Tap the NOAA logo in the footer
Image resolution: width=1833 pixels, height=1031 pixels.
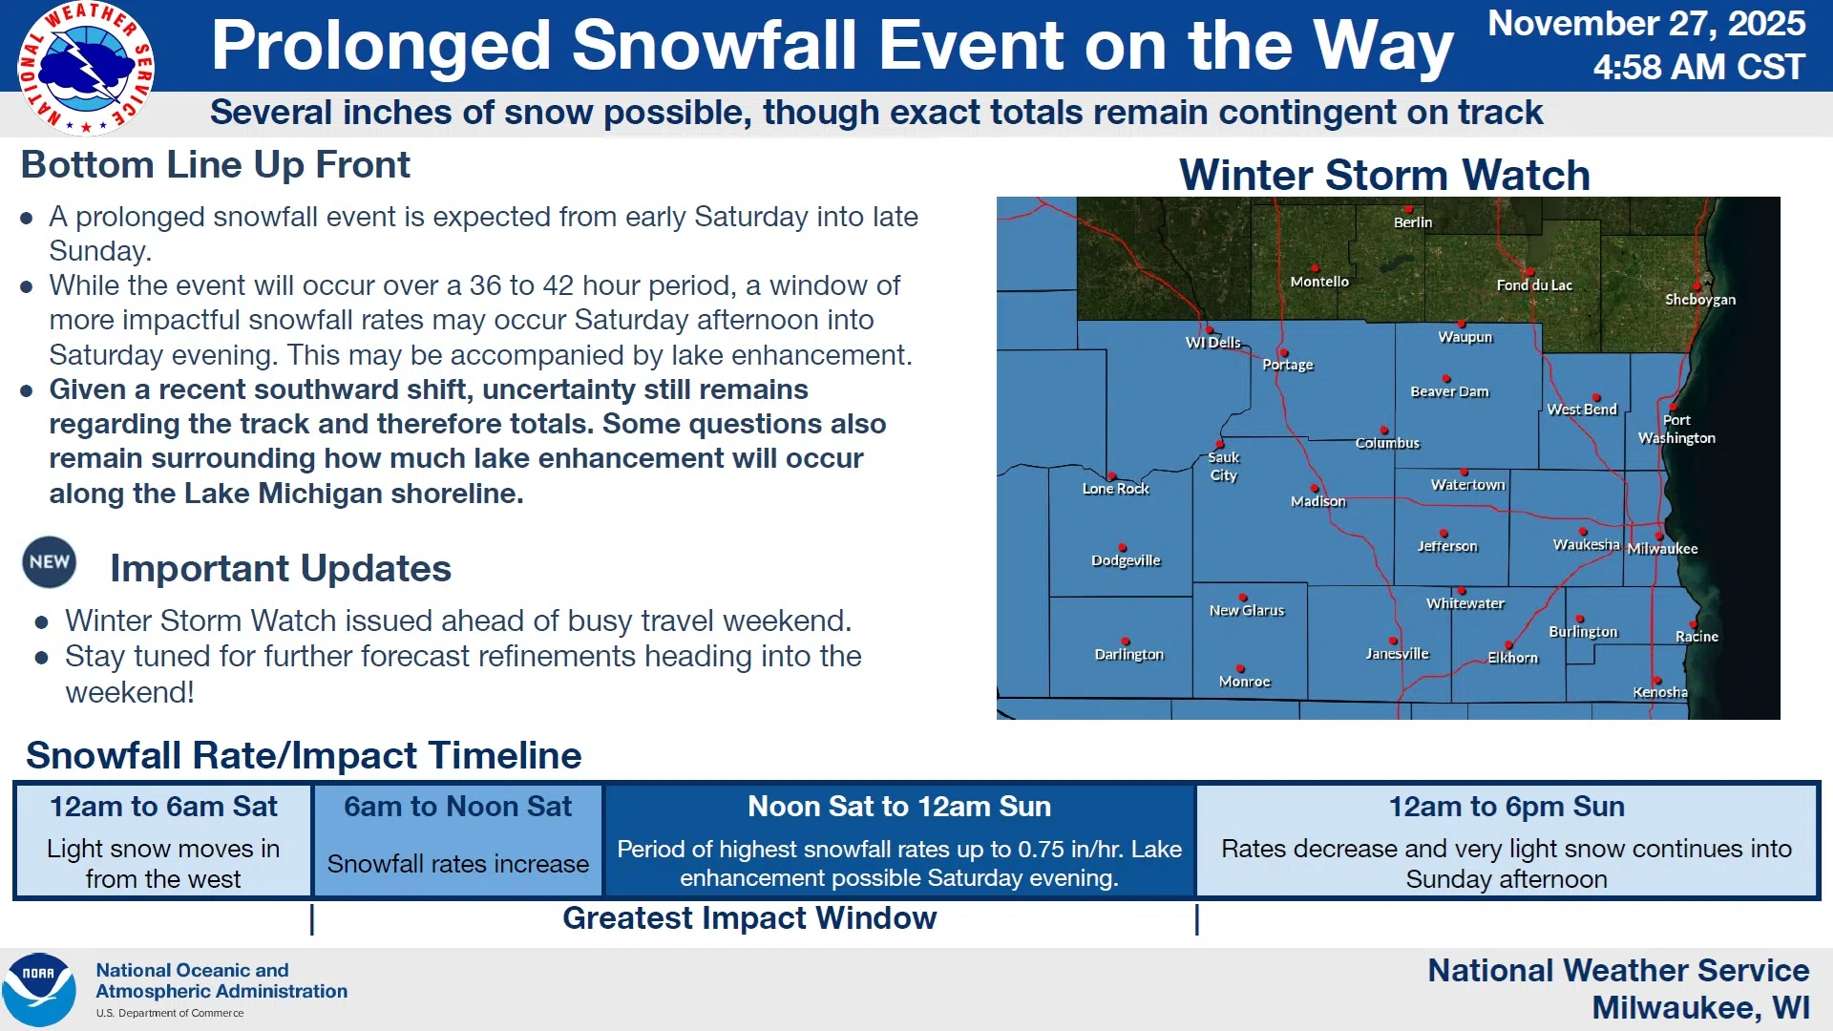(39, 990)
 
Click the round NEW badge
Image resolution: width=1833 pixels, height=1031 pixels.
(50, 562)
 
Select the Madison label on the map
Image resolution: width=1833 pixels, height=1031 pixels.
(1318, 501)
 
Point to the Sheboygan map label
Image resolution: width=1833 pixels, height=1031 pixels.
(1700, 300)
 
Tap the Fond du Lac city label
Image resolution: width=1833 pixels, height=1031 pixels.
(1534, 285)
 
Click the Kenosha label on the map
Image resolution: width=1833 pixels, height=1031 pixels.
(1660, 692)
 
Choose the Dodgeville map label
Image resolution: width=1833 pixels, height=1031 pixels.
(1127, 560)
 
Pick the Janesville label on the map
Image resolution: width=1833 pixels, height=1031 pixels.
(1398, 654)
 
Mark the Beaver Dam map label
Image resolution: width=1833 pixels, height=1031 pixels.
(1449, 391)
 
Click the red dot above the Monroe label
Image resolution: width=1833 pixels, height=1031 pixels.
(1240, 668)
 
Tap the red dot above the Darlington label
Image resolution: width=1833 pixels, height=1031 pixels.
(1126, 642)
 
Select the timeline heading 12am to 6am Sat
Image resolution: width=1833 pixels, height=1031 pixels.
(163, 807)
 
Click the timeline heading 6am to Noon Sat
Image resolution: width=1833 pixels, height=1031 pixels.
(458, 807)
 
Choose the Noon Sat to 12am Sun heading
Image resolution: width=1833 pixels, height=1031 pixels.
(899, 807)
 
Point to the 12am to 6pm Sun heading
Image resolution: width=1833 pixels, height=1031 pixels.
(1506, 807)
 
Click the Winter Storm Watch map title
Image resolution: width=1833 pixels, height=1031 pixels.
(1384, 175)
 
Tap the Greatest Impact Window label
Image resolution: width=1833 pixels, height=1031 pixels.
(749, 918)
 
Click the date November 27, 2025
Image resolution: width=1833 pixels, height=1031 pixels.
(1647, 23)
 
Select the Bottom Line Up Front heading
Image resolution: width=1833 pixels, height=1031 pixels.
(216, 165)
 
